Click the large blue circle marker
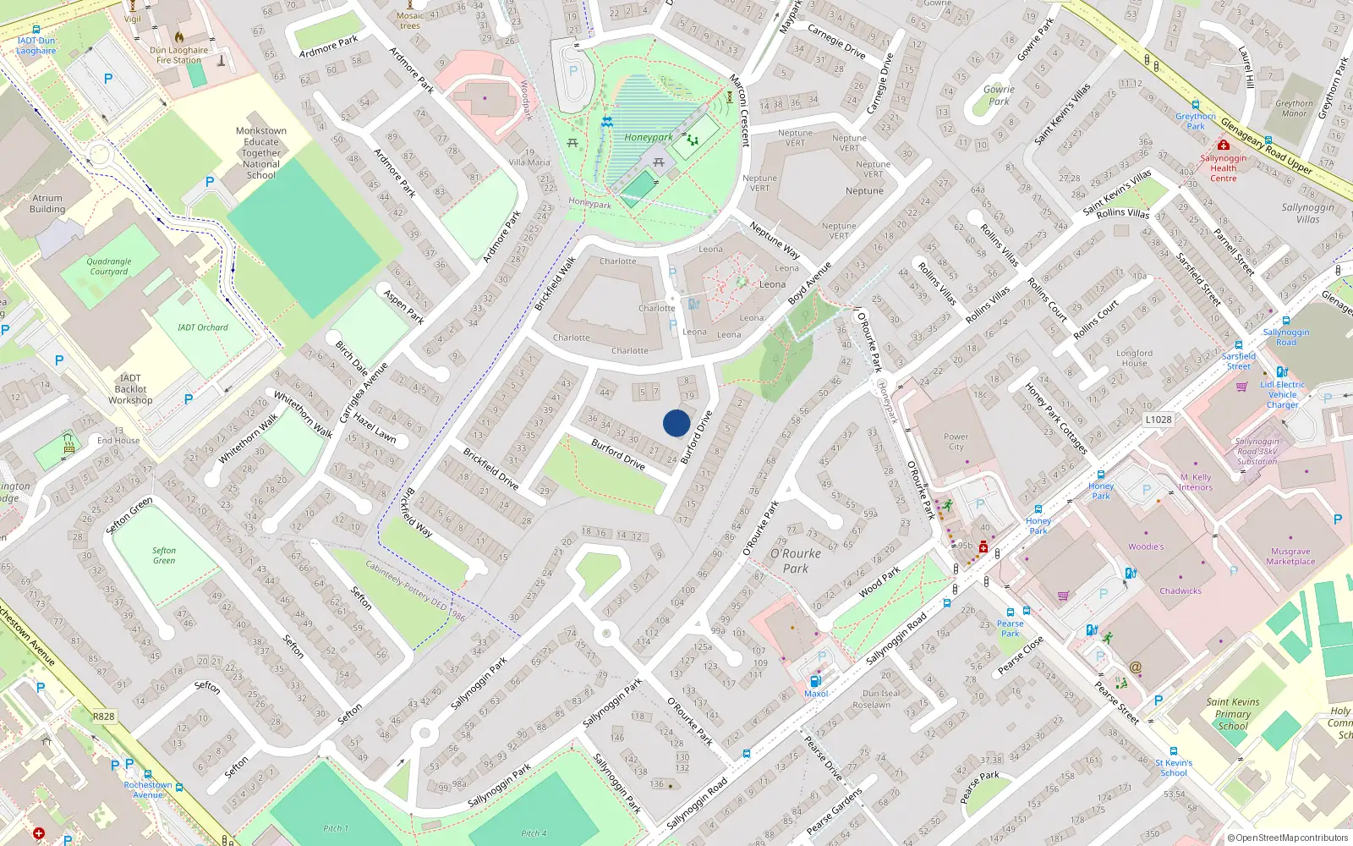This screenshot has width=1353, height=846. click(676, 423)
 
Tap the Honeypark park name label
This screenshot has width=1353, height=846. click(649, 137)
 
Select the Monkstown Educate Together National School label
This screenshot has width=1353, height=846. click(261, 153)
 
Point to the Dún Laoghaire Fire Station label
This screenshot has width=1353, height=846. click(179, 55)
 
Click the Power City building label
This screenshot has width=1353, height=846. click(956, 442)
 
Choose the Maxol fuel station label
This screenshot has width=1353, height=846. click(816, 694)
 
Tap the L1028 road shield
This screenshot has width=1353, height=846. click(1159, 420)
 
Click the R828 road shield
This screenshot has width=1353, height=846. click(103, 717)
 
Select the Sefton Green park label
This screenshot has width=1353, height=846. click(164, 555)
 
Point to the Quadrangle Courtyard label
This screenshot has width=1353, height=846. click(109, 266)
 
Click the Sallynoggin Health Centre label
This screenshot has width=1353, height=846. click(1223, 168)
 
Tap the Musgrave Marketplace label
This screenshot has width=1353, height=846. click(1290, 556)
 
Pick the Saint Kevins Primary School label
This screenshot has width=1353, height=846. click(1233, 713)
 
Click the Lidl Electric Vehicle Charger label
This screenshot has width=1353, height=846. click(1282, 394)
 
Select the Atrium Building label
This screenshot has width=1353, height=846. click(47, 204)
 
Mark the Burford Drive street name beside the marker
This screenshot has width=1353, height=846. click(697, 437)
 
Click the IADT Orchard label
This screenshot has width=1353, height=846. click(203, 327)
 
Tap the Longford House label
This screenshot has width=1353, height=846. click(1134, 358)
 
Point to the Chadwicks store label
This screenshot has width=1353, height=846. click(1180, 591)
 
